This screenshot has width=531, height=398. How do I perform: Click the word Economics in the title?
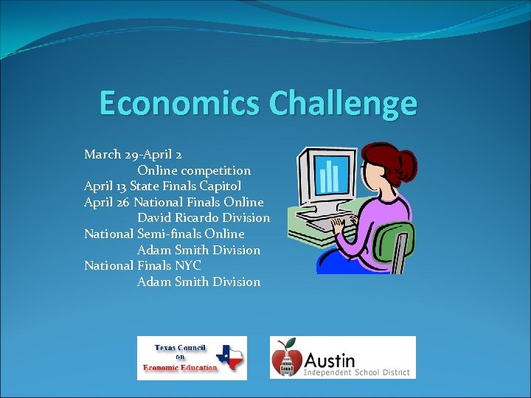pos(180,103)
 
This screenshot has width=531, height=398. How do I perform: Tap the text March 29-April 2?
pos(133,155)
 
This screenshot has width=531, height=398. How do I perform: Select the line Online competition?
pos(194,170)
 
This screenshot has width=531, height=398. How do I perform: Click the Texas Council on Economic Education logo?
pos(192,357)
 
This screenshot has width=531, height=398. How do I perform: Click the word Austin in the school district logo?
pos(329,361)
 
